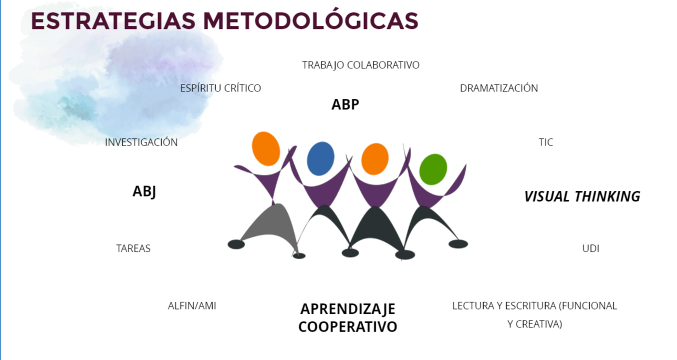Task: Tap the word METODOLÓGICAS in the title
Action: coord(310,20)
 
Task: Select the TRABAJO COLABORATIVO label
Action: coord(361,65)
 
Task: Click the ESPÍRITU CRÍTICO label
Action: coord(221,88)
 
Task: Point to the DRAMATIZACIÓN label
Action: coord(499,88)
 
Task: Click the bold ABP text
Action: coord(345,105)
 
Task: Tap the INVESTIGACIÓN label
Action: coord(141,142)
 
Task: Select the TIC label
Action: coord(546,142)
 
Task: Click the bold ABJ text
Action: coord(144,192)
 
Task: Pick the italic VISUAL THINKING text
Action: coord(582,197)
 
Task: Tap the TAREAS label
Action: coord(133,249)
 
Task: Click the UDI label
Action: coord(591,249)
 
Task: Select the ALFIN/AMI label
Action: coord(192,306)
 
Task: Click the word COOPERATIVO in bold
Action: coord(348,327)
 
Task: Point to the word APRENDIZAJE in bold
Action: coord(348,309)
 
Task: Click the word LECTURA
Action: coord(471,306)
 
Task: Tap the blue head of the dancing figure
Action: coord(320,158)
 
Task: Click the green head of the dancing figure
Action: coord(433,169)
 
